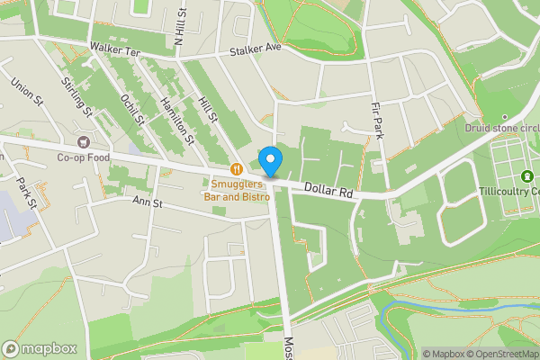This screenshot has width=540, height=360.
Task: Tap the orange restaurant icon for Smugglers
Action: point(236,167)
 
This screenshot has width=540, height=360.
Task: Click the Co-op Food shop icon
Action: point(84,140)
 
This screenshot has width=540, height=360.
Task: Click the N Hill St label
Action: point(180,27)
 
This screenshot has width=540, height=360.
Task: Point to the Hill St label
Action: point(209,109)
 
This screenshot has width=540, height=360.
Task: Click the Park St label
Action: point(25,193)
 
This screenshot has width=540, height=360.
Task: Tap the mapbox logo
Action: point(40,348)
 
